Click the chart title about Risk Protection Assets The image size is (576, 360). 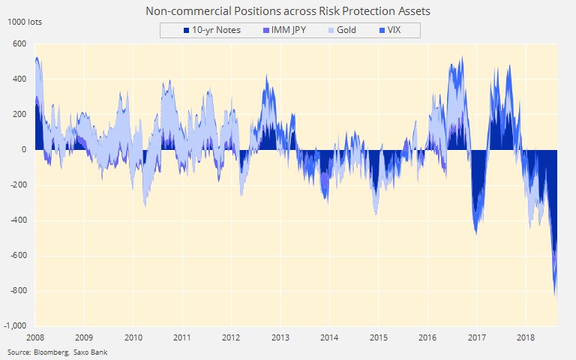pos(288,12)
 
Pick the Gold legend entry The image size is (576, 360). pos(342,30)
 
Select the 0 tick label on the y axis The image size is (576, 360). pos(24,149)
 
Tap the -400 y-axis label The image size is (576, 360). pos(18,220)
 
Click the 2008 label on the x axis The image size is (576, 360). pos(36,337)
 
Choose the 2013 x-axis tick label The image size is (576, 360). pos(280,337)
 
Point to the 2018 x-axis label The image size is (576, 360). pos(525,337)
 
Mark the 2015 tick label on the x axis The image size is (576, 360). pos(378,337)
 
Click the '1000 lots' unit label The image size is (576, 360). pos(25,22)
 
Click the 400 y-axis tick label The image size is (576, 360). pos(19,79)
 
